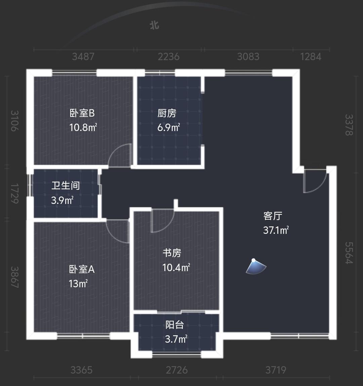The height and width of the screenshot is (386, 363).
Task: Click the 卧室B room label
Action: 82,113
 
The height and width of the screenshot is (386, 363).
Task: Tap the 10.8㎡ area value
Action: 83,127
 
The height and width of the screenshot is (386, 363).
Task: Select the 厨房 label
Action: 167,113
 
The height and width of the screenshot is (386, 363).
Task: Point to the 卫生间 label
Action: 66,185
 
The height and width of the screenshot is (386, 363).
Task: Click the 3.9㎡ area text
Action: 62,201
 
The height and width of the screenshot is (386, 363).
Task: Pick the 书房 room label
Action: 172,253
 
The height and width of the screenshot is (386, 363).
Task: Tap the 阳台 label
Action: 175,325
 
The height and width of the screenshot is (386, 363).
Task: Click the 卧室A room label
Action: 82,269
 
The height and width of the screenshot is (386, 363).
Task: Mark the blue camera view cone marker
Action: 256,267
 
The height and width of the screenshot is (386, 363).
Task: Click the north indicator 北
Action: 154,25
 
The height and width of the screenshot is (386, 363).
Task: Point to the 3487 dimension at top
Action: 83,56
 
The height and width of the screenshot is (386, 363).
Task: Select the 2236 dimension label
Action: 169,56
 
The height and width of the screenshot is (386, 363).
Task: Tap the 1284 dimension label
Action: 311,56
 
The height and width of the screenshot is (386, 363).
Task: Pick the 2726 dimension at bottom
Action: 177,370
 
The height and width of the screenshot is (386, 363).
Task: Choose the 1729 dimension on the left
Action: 14,193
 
